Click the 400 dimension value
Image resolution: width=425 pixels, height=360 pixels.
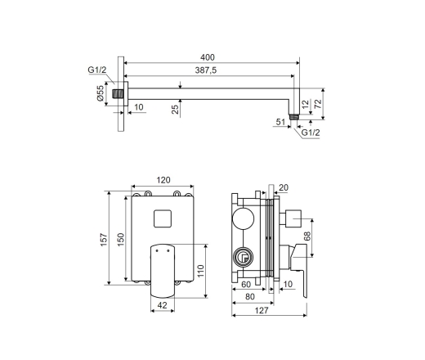tap(208, 57)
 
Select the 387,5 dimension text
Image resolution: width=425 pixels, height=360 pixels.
tap(206, 70)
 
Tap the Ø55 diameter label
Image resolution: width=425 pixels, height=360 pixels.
tap(101, 93)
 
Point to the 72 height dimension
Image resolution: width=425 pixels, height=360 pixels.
tap(318, 104)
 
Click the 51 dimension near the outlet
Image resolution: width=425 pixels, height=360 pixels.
tap(280, 122)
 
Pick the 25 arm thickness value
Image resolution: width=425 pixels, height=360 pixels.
tap(176, 109)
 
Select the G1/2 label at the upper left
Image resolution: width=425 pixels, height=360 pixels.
tap(96, 70)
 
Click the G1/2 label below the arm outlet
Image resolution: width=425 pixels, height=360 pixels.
tap(311, 133)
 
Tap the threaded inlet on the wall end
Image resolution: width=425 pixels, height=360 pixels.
tap(118, 94)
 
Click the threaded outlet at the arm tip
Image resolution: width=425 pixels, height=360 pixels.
tap(294, 117)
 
